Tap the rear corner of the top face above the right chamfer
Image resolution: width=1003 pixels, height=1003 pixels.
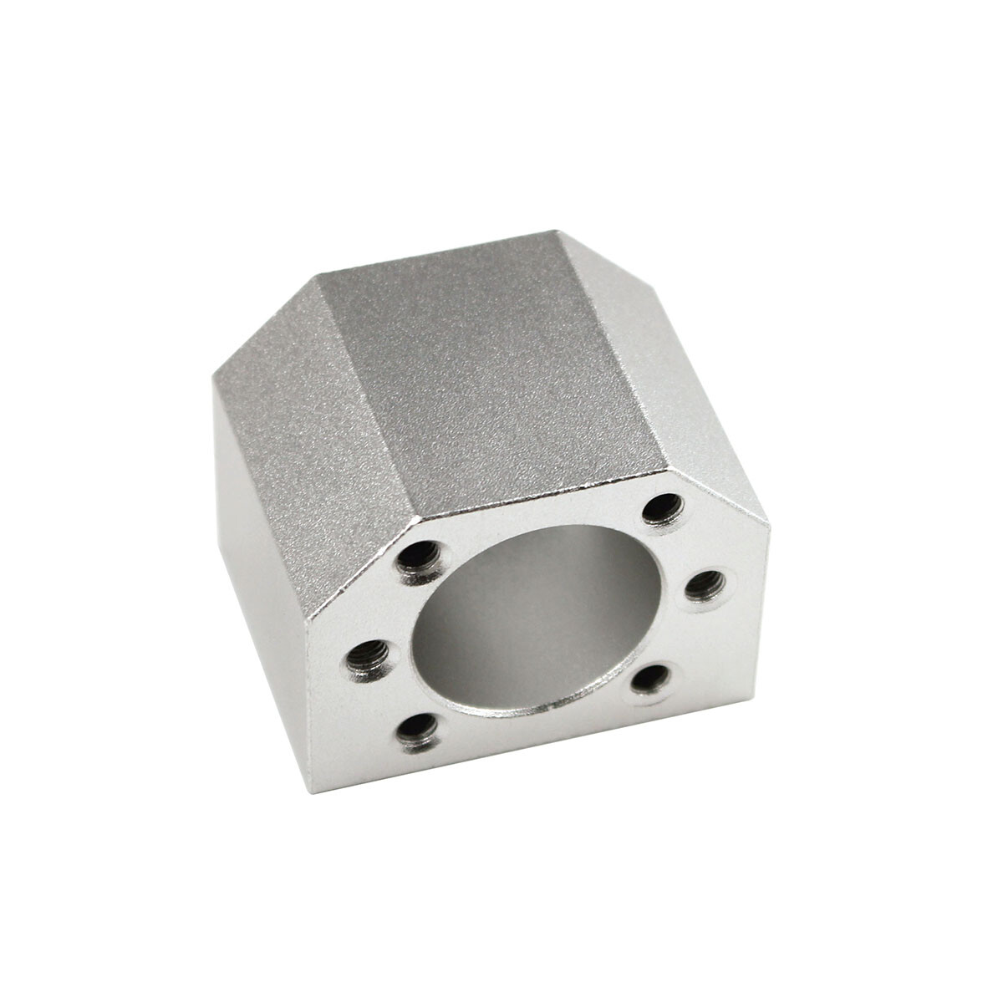558,232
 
